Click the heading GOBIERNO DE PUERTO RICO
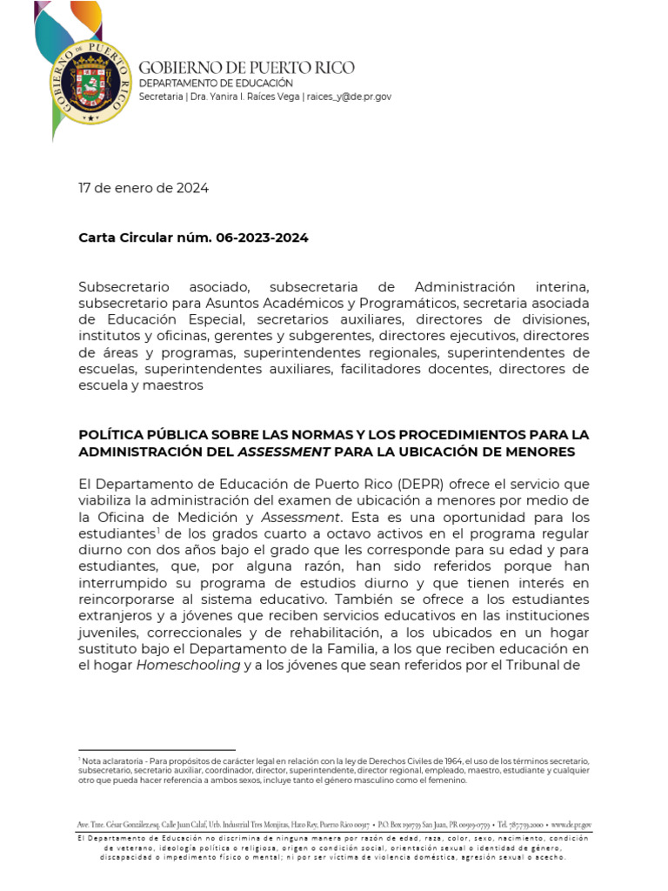point(246,68)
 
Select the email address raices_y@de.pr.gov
point(349,97)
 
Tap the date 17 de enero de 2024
point(144,188)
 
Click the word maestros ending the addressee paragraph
point(177,385)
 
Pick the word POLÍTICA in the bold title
point(112,434)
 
